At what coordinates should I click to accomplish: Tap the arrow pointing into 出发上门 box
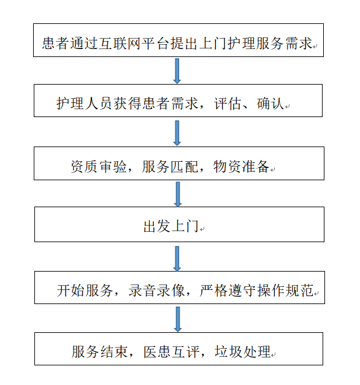[x=178, y=194]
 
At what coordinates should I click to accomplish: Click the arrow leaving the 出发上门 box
[x=178, y=258]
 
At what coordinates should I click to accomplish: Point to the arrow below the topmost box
[x=178, y=71]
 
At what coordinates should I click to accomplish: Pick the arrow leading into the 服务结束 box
[x=178, y=319]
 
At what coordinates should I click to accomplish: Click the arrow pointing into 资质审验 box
[x=178, y=132]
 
